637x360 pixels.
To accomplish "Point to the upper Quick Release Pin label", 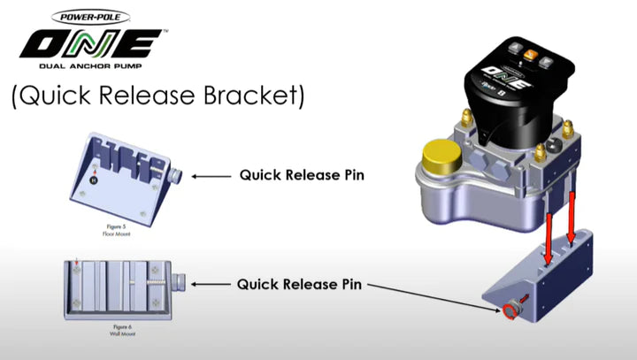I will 302,175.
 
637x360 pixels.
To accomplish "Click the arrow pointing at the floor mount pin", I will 210,176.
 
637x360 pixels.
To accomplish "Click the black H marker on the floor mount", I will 94,179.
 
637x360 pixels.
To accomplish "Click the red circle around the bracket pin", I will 509,311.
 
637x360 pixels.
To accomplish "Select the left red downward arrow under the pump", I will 549,232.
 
